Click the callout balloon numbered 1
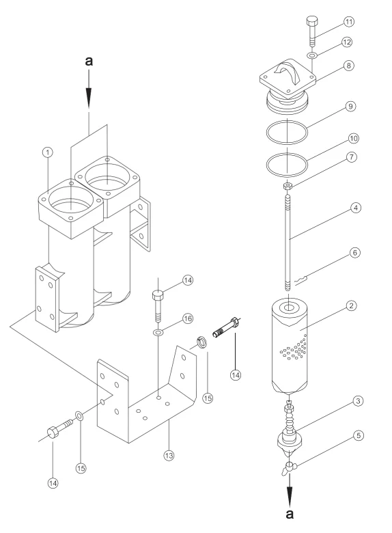point(48,152)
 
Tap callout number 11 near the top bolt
point(349,22)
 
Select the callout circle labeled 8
point(349,66)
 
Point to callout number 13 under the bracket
point(169,455)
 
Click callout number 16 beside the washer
point(188,318)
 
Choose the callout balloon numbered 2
point(351,305)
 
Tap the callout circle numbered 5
point(359,435)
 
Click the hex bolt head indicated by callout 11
point(312,21)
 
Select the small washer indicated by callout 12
point(312,55)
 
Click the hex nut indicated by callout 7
point(288,186)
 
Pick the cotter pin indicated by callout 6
point(301,280)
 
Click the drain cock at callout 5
point(288,468)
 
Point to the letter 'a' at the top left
point(89,61)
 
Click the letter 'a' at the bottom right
point(290,514)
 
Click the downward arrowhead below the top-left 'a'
point(89,98)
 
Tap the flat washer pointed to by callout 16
point(158,332)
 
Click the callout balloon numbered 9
point(350,107)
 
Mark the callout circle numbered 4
point(355,208)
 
